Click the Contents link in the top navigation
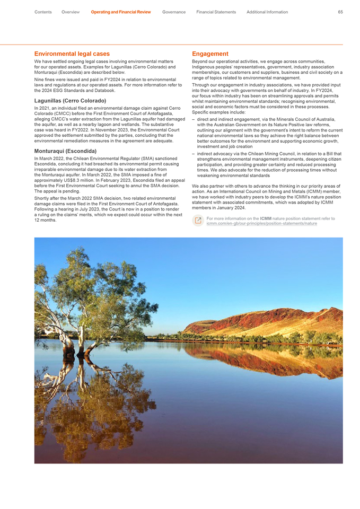[x=43, y=12]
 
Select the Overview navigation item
[x=71, y=12]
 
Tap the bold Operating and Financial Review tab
[x=121, y=12]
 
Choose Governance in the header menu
[x=174, y=12]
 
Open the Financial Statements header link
[x=216, y=12]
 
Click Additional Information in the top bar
[x=267, y=12]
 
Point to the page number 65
[x=340, y=12]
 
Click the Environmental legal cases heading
[x=72, y=54]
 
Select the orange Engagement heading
[x=210, y=54]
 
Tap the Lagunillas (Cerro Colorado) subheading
[x=70, y=100]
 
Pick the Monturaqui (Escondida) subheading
[x=65, y=151]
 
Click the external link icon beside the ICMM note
[x=198, y=221]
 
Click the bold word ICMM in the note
[x=266, y=218]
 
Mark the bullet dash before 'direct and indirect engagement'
[x=194, y=120]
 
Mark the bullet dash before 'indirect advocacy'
[x=194, y=154]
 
